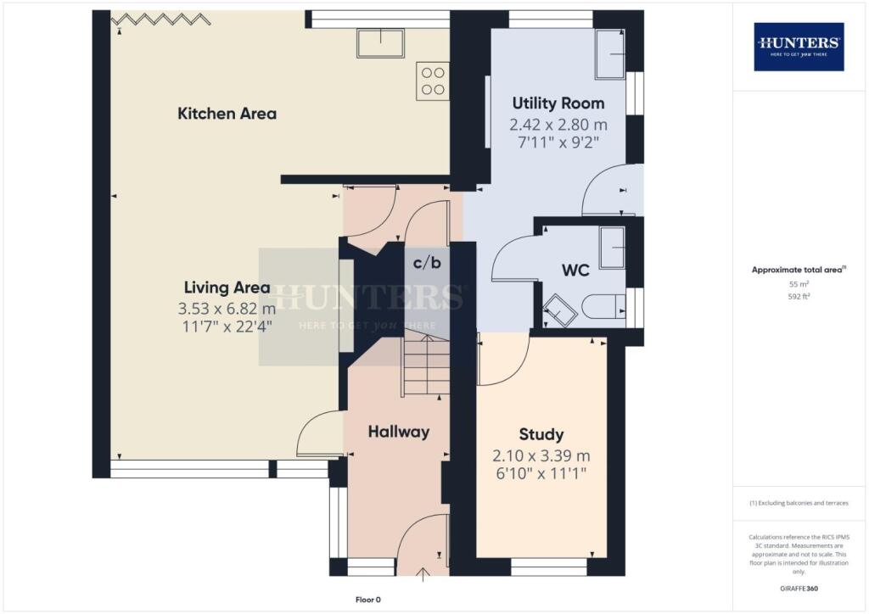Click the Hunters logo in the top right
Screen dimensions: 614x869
point(799,46)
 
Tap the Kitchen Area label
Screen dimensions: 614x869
point(227,114)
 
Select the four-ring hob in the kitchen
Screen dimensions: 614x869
point(433,81)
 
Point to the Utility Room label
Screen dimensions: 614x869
point(558,103)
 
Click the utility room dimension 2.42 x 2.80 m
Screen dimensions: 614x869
point(558,125)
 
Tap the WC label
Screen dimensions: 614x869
point(575,271)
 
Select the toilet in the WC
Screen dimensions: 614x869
point(604,306)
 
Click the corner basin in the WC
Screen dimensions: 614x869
point(558,311)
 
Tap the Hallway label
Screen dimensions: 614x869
point(398,432)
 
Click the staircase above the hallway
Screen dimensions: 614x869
point(425,365)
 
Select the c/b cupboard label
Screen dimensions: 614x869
point(427,263)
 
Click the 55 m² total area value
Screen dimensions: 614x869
point(799,285)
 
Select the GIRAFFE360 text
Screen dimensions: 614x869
point(799,588)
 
